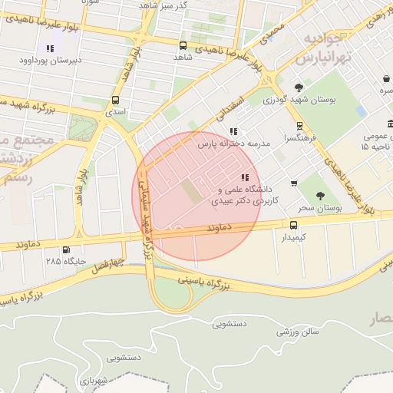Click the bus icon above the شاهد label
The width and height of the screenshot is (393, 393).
[183, 45]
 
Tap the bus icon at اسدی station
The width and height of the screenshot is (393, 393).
[115, 100]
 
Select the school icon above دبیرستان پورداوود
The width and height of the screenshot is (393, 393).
[51, 49]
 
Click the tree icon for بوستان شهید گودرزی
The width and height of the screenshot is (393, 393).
[298, 88]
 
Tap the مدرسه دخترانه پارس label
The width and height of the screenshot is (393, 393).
[235, 144]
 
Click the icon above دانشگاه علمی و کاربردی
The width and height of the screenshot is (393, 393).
[244, 178]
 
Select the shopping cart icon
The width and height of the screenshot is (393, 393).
[294, 183]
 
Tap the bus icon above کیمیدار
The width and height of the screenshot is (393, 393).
[293, 224]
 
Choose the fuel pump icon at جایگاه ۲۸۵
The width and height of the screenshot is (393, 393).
[65, 249]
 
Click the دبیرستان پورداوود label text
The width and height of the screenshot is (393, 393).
[50, 60]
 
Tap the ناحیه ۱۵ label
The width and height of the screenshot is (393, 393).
[375, 146]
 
